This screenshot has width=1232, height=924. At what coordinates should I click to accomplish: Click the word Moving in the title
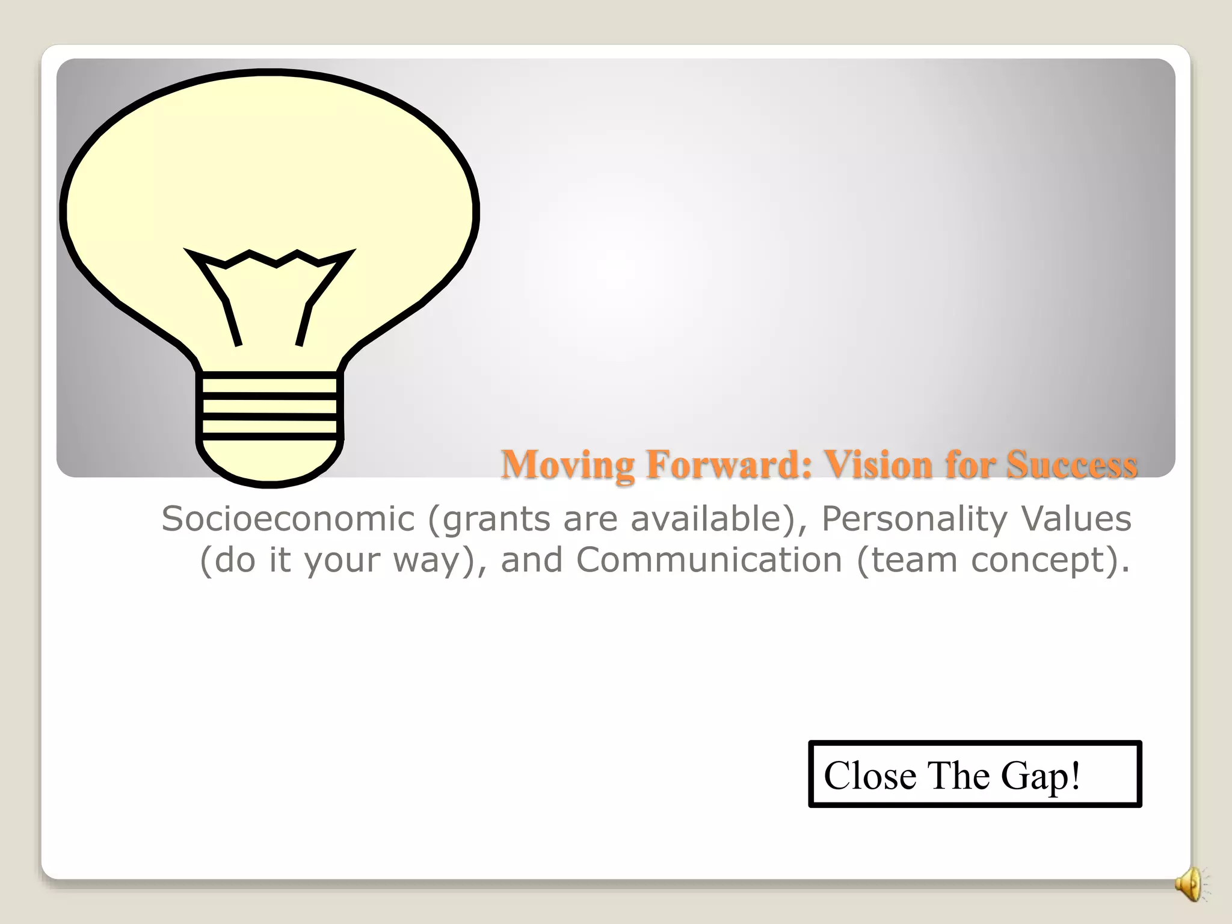click(x=567, y=466)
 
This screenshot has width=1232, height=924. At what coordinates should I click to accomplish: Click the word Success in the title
click(x=1072, y=464)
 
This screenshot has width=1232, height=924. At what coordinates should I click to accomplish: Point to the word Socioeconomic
click(x=288, y=519)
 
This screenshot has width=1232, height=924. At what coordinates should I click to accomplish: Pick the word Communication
click(x=709, y=560)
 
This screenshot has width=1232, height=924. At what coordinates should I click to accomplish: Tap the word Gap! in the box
click(x=1040, y=776)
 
